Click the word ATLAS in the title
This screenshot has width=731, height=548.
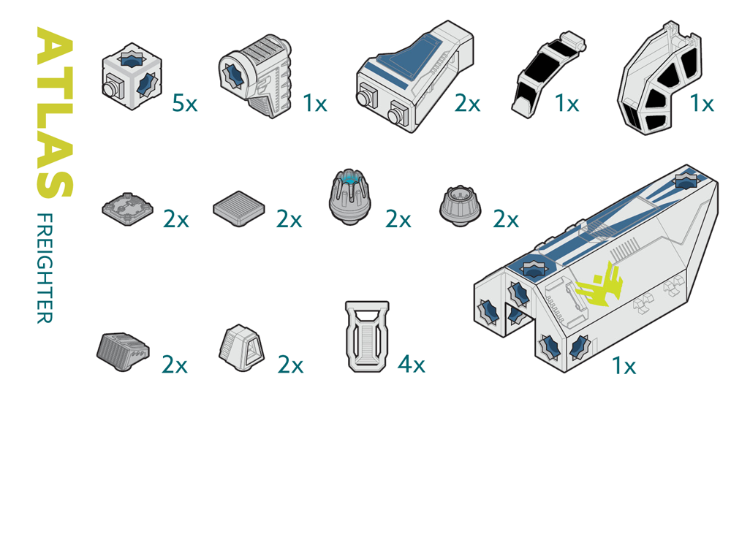click(x=55, y=113)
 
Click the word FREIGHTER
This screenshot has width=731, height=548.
click(x=45, y=268)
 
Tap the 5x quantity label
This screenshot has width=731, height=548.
click(x=185, y=103)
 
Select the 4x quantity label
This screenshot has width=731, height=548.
click(x=411, y=364)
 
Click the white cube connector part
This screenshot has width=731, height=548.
click(x=132, y=77)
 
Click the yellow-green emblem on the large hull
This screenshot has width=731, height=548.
click(x=599, y=285)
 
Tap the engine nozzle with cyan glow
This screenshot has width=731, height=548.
click(x=350, y=197)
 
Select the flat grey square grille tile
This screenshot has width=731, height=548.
click(x=239, y=208)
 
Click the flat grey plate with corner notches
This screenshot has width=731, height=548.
click(x=128, y=209)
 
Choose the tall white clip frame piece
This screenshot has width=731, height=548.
click(x=368, y=336)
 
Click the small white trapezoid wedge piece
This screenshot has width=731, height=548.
click(x=241, y=348)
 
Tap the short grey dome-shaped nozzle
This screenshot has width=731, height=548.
click(x=460, y=206)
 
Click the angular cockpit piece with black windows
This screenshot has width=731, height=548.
click(x=659, y=78)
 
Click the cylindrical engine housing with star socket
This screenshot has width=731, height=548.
click(x=255, y=75)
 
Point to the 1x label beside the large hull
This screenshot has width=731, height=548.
click(x=624, y=366)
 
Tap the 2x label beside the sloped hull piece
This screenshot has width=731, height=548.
click(x=467, y=103)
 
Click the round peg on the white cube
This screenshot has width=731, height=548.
click(x=110, y=89)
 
